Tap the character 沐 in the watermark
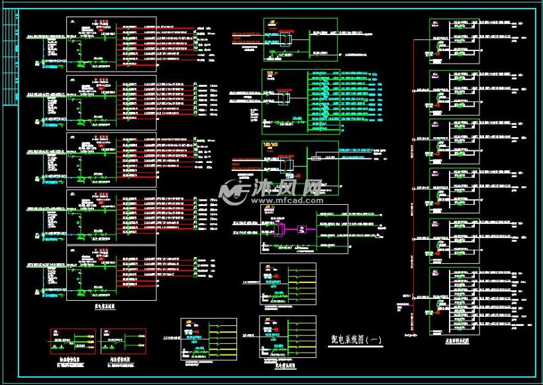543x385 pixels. point(260,188)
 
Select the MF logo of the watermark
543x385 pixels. point(234,192)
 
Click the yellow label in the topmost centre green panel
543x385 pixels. point(271,22)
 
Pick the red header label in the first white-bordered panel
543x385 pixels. point(103,22)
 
